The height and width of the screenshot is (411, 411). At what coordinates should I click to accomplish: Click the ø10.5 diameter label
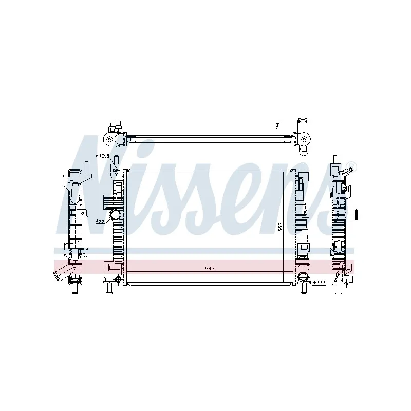102,156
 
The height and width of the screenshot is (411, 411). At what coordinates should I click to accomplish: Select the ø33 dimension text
100,221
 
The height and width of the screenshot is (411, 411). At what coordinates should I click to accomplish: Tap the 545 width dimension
210,268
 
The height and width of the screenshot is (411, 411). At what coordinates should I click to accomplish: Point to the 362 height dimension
280,227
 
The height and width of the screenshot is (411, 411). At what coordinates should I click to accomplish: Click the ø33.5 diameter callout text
320,282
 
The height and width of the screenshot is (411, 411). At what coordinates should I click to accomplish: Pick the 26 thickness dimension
278,125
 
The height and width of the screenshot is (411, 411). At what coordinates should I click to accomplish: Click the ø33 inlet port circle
115,215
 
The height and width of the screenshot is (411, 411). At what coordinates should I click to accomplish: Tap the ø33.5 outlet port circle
303,277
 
